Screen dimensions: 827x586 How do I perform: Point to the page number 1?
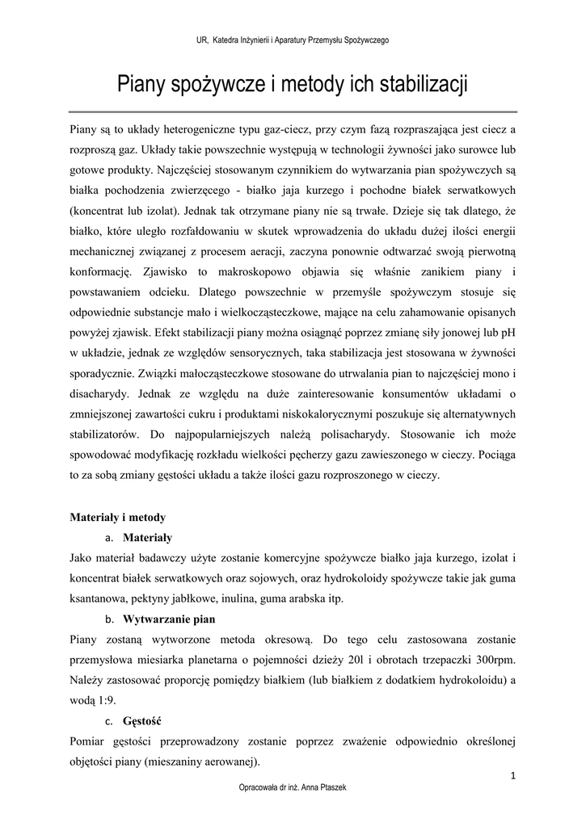point(513,776)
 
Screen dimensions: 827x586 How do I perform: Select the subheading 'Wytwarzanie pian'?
point(169,620)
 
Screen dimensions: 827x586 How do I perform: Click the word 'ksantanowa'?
point(98,598)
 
